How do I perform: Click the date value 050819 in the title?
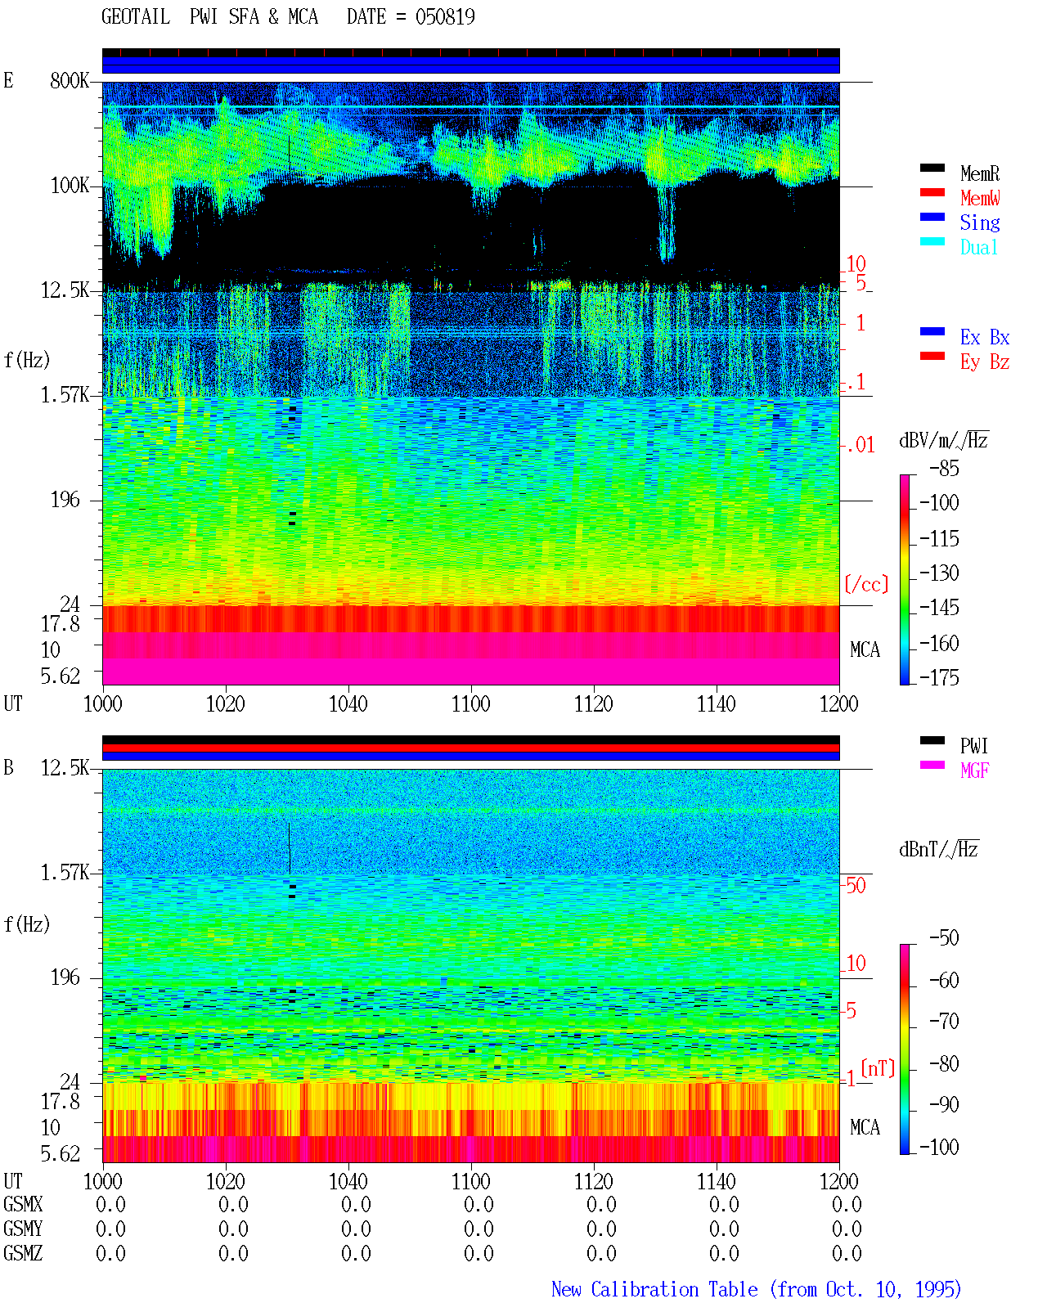pyautogui.click(x=444, y=17)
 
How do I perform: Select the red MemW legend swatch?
pyautogui.click(x=932, y=192)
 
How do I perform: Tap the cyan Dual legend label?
pyautogui.click(x=978, y=247)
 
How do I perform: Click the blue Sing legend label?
pyautogui.click(x=979, y=222)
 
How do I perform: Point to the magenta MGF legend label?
pyautogui.click(x=974, y=771)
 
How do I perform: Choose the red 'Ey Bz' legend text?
pyautogui.click(x=985, y=362)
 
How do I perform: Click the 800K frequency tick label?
pyautogui.click(x=70, y=81)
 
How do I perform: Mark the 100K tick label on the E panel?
pyautogui.click(x=70, y=186)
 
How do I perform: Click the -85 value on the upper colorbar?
pyautogui.click(x=944, y=469)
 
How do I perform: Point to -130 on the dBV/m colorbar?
pyautogui.click(x=939, y=573)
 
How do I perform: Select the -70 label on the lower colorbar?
pyautogui.click(x=944, y=1022)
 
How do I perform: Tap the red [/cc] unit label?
pyautogui.click(x=866, y=584)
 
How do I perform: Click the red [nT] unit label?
pyautogui.click(x=878, y=1068)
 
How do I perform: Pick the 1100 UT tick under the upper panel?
pyautogui.click(x=470, y=704)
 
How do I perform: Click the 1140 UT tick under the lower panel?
pyautogui.click(x=717, y=1181)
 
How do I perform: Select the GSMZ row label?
pyautogui.click(x=23, y=1253)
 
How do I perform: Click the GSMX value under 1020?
pyautogui.click(x=233, y=1204)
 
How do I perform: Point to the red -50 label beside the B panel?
pyautogui.click(x=855, y=885)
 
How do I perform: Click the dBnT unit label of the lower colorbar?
pyautogui.click(x=938, y=850)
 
